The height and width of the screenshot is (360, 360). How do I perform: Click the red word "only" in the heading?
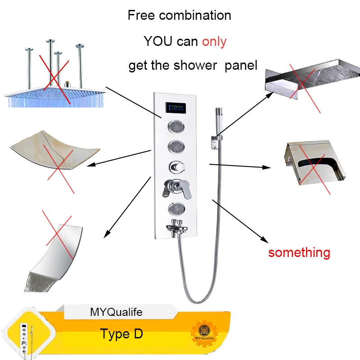point(214,41)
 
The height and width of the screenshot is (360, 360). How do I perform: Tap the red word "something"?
point(299,252)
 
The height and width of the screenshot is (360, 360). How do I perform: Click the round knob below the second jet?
point(175,166)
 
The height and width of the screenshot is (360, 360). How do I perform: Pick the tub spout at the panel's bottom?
point(177,227)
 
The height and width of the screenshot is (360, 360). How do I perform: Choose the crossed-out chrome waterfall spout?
point(56,247)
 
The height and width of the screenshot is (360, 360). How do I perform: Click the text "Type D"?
point(121,334)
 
